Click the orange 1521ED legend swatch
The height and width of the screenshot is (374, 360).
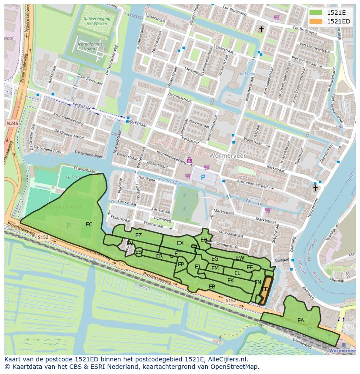pyautogui.click(x=316, y=21)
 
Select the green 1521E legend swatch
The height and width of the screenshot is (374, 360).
pyautogui.click(x=316, y=13)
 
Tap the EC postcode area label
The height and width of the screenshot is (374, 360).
pyautogui.click(x=89, y=225)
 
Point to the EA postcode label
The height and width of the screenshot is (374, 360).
pyautogui.click(x=300, y=321)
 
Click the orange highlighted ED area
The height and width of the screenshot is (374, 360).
pyautogui.click(x=265, y=289)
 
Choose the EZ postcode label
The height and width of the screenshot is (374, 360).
pyautogui.click(x=138, y=235)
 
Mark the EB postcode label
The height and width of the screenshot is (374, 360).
pyautogui.click(x=212, y=287)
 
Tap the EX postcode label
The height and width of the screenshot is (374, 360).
pyautogui.click(x=180, y=243)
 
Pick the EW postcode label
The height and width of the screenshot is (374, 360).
pyautogui.click(x=240, y=258)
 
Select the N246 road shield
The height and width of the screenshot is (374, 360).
pyautogui.click(x=12, y=124)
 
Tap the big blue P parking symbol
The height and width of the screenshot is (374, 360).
pyautogui.click(x=203, y=178)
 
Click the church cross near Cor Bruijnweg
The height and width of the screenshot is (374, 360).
pyautogui.click(x=261, y=29)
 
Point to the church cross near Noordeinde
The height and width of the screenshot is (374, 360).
pyautogui.click(x=316, y=188)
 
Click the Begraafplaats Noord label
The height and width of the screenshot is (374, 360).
pyautogui.click(x=86, y=47)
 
